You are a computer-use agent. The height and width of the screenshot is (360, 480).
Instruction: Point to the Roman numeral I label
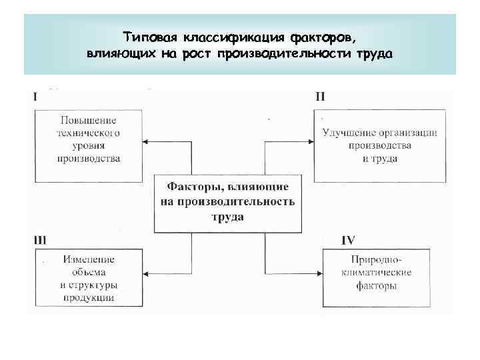point(35,96)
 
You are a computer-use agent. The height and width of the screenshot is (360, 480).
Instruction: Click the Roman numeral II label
point(320,96)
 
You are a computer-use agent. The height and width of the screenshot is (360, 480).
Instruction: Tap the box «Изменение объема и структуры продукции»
point(88,279)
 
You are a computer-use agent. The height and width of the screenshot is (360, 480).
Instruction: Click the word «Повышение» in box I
point(88,120)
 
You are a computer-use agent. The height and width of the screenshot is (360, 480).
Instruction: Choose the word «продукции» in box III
point(88,298)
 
